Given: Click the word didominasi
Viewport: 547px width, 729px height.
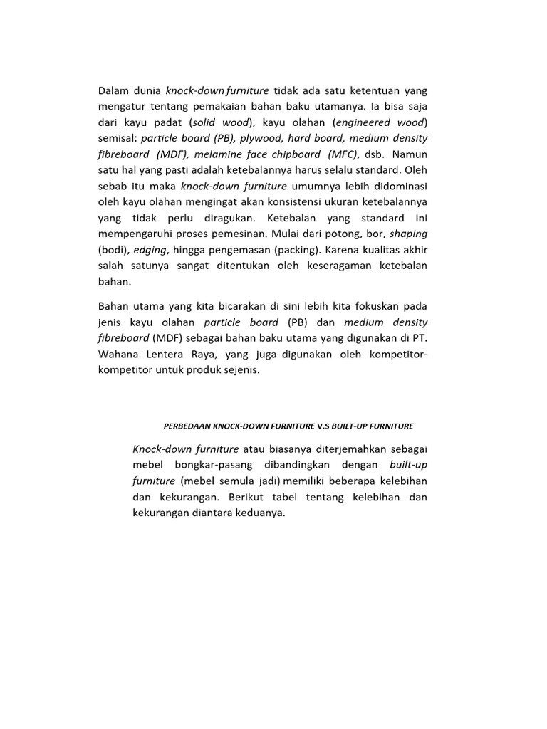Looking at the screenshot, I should pos(397,186).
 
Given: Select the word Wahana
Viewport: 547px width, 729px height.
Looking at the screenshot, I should pos(117,354).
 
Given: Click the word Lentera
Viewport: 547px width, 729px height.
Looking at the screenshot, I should pos(167,354).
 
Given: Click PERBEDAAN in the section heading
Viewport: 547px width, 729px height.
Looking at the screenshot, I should pos(187,426).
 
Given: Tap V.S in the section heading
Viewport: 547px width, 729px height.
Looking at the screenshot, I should pos(325,426).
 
